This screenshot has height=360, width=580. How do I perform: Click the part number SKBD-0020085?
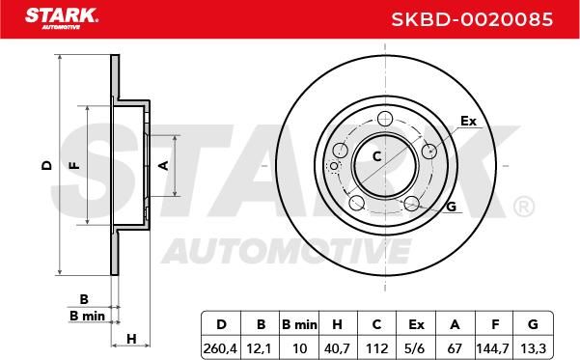pos(472,19)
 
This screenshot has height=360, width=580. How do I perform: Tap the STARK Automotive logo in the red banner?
pos(62,18)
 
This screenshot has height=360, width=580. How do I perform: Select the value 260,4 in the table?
pos(220,348)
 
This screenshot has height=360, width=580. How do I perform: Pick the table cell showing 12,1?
pos(260,348)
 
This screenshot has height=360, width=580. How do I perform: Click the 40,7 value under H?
pos(338,348)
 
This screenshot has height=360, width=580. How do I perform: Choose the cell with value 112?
pos(377,348)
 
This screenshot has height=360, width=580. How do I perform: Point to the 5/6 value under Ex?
pos(416,348)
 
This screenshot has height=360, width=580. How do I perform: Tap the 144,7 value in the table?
pos(493,348)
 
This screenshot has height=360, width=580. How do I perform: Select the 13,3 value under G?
pos(533,348)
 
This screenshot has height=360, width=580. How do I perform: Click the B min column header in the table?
pos(299,325)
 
